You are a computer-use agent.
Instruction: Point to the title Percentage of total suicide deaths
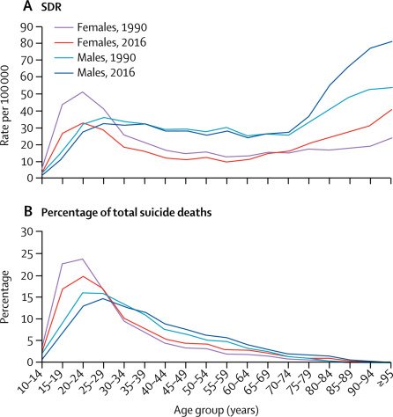tap(126, 212)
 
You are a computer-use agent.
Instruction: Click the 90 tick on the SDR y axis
tap(28, 26)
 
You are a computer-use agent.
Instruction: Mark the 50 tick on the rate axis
tap(28, 94)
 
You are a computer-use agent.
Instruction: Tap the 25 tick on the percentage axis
tap(28, 253)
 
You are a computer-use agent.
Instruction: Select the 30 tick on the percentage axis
tap(28, 231)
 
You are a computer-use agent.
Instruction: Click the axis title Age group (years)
tap(217, 410)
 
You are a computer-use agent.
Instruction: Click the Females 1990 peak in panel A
tap(83, 91)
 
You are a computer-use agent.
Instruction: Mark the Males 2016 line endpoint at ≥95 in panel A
tap(391, 41)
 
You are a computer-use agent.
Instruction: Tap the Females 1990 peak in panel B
tap(83, 259)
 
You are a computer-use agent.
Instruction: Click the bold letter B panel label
tap(27, 211)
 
